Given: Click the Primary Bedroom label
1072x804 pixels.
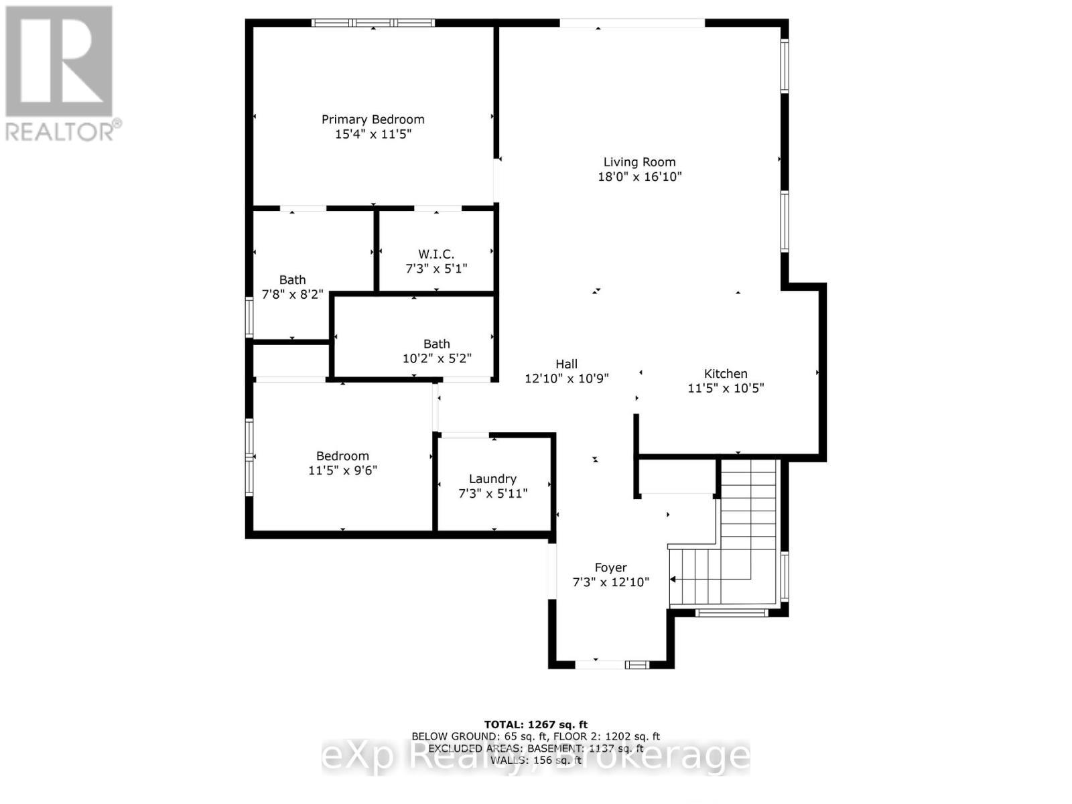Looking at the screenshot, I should pos(373,119).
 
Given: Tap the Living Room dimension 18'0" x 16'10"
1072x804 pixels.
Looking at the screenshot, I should pos(639,177).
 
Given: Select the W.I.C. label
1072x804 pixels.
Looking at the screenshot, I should pos(436,254).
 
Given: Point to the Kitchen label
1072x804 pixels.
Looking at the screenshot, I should pos(726,373).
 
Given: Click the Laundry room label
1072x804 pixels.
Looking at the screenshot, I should pos(492,478).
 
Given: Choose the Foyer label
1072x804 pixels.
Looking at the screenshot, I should pos(610,567).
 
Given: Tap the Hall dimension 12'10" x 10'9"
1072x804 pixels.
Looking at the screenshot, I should pos(566,379).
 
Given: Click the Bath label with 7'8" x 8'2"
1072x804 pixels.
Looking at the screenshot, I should pos(292,279).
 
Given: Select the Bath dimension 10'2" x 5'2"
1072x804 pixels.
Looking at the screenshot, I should pos(437,358).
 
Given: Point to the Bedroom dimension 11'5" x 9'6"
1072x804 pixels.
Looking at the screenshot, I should pos(342,470).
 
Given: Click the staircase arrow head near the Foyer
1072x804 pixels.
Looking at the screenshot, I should pos(673,579).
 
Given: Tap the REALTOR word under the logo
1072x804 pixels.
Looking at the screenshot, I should pos(60,131).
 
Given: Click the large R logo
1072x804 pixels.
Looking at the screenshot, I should pos(59,62).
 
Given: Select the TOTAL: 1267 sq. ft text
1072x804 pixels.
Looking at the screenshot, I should pos(535,724).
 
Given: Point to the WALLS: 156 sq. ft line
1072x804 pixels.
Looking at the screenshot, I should pos(535,760).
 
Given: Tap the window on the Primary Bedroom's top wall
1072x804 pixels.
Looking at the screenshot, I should pos(373,23).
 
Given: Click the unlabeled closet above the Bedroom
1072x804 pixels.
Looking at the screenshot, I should pos(290,361).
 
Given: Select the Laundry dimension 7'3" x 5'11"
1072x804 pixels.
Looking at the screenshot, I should pos(492,494).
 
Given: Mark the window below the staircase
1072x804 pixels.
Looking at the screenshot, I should pos(730,612).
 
